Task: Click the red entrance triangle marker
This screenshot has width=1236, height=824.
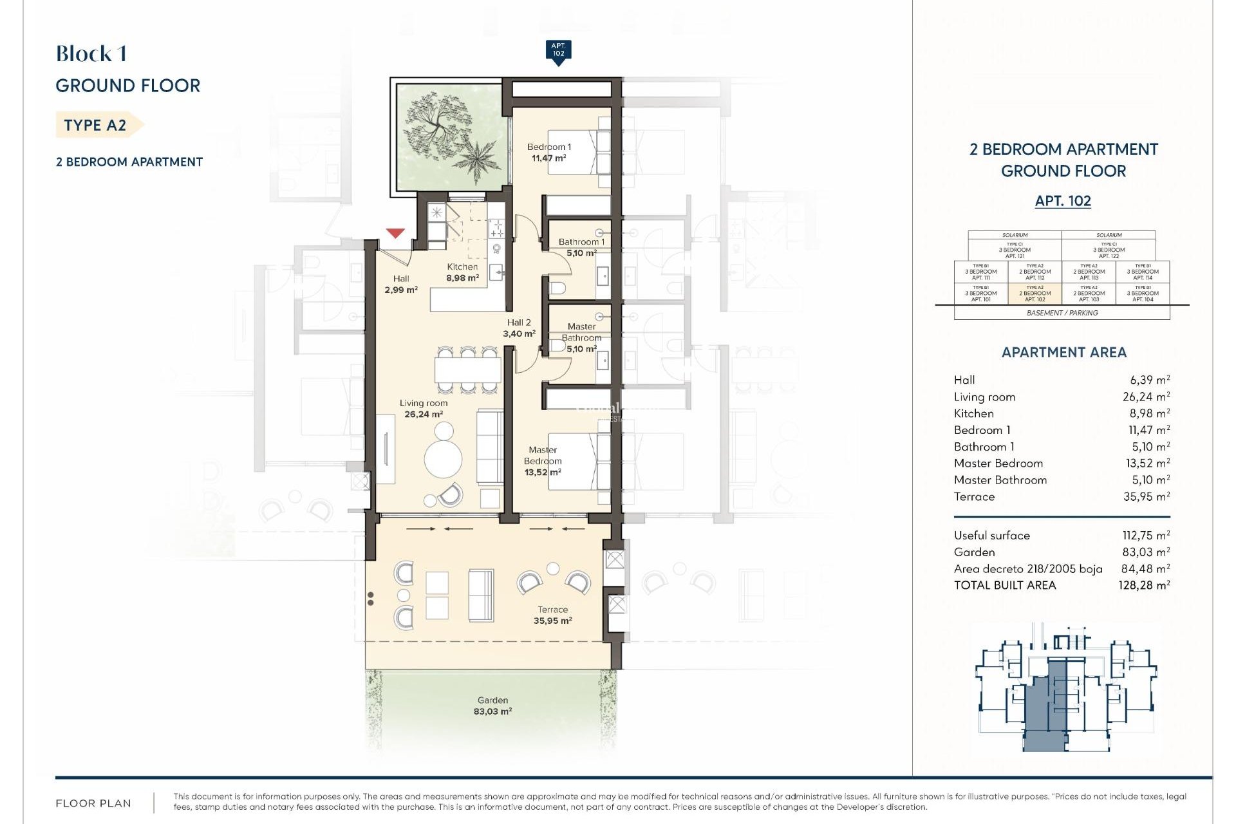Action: [x=395, y=233]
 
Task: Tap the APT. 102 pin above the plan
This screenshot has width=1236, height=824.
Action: [x=558, y=51]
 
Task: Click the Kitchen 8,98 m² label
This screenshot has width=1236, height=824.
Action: [x=462, y=272]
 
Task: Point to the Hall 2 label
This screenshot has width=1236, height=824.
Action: [x=519, y=323]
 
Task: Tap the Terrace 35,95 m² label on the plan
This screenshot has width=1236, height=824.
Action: [x=552, y=615]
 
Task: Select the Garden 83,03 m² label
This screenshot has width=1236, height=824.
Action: [x=492, y=706]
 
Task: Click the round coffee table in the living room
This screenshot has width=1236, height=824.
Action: [x=443, y=459]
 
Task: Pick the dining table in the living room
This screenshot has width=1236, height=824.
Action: [x=467, y=370]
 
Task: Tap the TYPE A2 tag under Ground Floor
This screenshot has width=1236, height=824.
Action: [x=96, y=125]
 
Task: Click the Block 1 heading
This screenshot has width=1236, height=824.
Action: [x=91, y=54]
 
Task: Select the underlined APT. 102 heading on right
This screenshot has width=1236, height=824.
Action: [x=1063, y=201]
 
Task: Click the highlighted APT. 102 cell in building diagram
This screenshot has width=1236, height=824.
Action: [x=1035, y=294]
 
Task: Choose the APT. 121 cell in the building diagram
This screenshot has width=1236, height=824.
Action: [x=1015, y=250]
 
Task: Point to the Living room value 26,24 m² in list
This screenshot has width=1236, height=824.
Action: [x=1146, y=397]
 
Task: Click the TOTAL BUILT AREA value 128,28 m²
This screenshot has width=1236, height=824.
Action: [x=1143, y=585]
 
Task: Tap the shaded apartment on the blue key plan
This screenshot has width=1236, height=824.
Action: [x=1043, y=715]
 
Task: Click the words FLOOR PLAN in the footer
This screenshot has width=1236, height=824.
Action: [x=93, y=803]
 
